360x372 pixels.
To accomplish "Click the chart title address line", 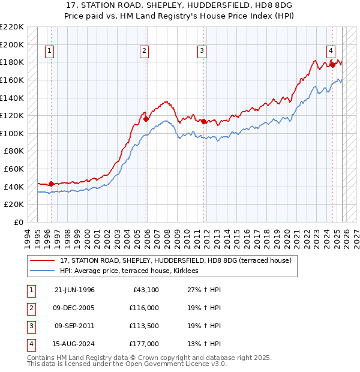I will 179,5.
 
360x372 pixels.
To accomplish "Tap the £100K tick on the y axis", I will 13,133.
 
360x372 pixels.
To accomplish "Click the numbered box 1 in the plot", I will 49,52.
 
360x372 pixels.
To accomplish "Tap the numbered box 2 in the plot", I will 145,52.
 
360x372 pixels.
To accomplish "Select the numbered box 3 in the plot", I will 202,52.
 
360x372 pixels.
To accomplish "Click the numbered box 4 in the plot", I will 331,52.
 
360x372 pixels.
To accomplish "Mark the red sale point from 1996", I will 51,184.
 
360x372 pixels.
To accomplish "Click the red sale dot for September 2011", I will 204,121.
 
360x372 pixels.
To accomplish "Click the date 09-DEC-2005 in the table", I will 74,308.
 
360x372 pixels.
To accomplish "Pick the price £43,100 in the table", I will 145,290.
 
